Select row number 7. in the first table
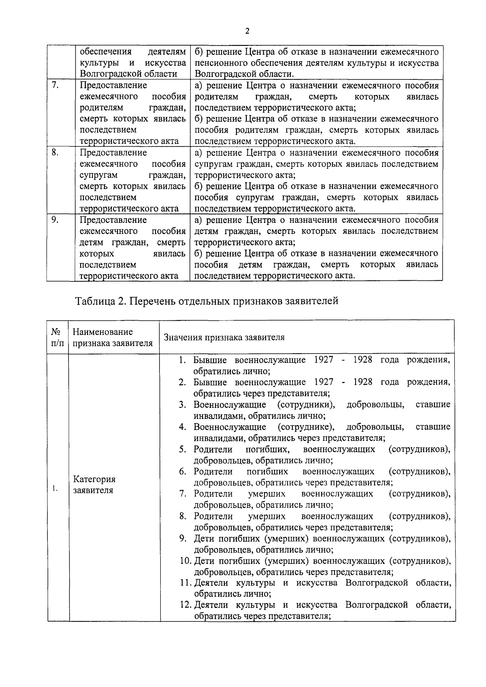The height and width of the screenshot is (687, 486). (55, 85)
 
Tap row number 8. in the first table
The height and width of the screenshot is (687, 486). (55, 153)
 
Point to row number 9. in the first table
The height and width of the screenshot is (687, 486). (55, 220)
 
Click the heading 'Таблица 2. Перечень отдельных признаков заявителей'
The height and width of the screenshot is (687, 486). (206, 301)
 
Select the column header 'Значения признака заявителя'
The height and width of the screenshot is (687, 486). (224, 337)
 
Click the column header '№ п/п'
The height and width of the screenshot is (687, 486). (58, 337)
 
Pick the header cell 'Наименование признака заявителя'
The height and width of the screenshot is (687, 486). (113, 337)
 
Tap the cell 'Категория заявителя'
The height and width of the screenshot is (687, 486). (94, 485)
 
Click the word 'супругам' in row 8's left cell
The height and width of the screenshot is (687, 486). (99, 175)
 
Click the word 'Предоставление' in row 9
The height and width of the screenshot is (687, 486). (113, 220)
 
